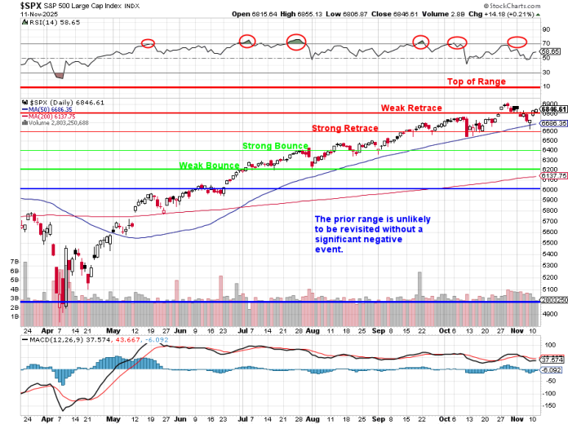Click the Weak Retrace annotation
[x=411, y=108]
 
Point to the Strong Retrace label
[x=344, y=128]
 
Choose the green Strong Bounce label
[x=275, y=146]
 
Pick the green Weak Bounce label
[x=209, y=165]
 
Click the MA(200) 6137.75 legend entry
[x=53, y=117]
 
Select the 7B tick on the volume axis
[x=14, y=261]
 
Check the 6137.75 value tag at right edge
[x=552, y=175]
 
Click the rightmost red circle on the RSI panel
[x=517, y=42]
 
